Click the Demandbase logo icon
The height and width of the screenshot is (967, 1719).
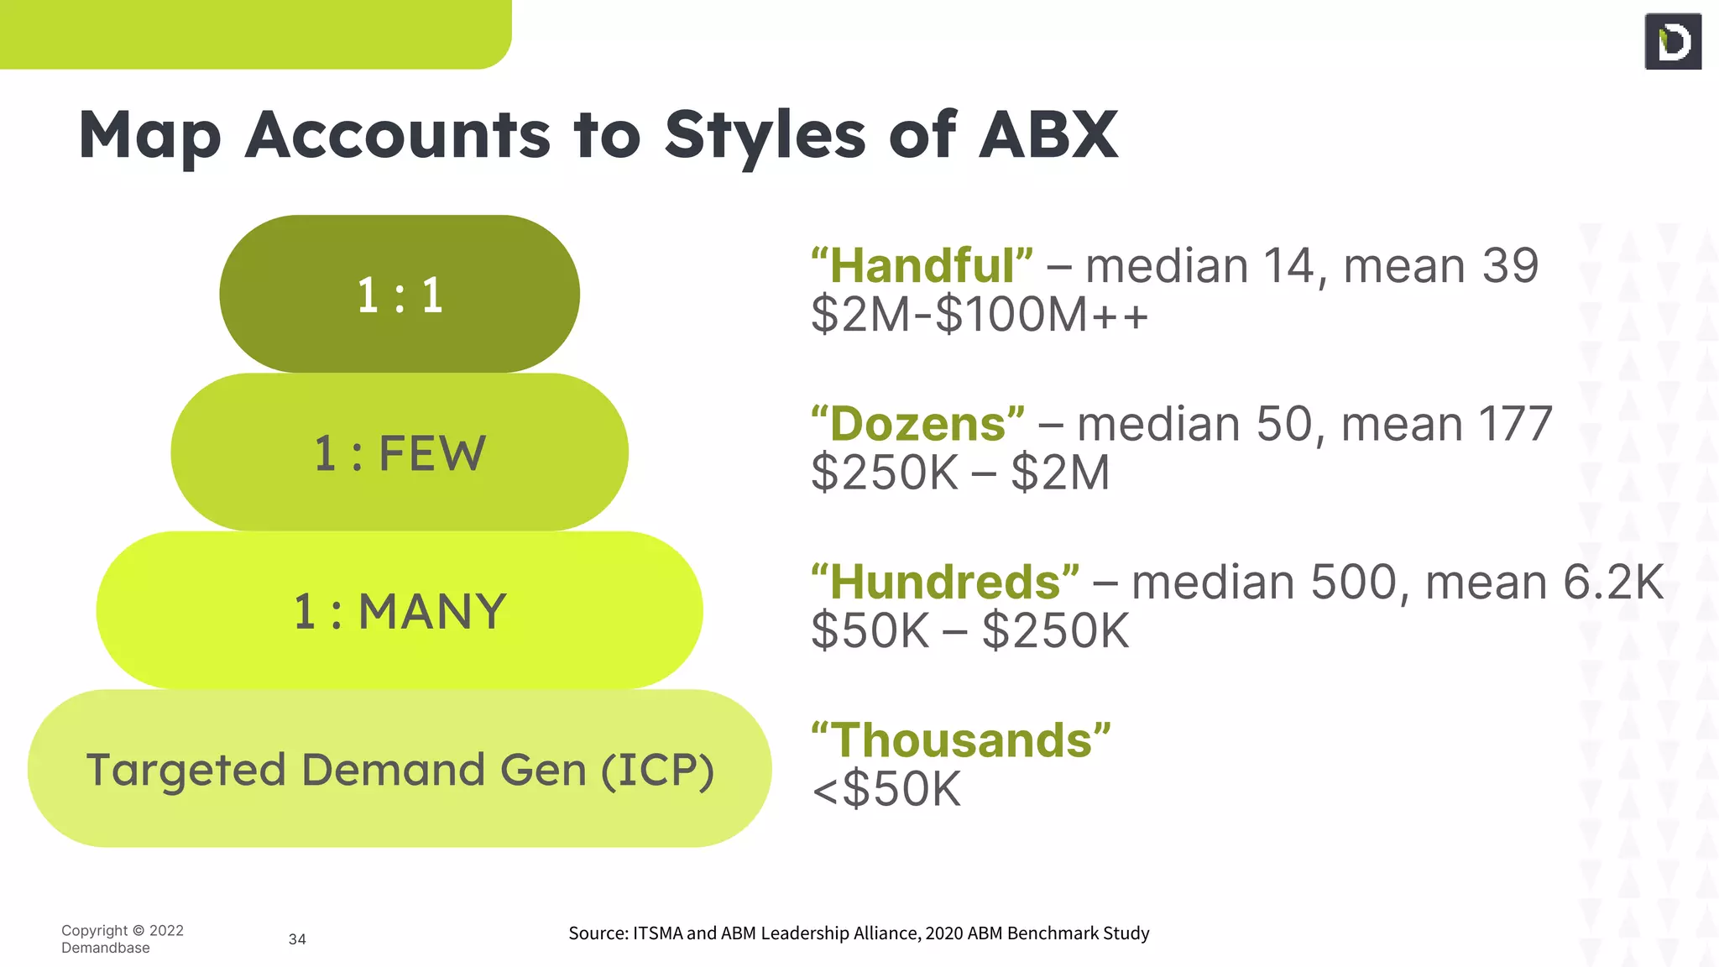1673,42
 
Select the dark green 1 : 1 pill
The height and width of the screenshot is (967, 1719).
400,295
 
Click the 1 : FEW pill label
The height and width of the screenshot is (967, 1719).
400,453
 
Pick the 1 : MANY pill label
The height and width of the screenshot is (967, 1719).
400,611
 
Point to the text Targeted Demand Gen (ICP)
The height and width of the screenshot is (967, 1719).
400,770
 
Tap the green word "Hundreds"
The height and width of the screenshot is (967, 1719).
945,583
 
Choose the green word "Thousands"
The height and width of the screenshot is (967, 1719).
961,740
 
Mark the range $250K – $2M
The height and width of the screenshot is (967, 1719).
960,473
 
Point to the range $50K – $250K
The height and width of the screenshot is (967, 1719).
970,631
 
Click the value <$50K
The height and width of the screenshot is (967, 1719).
886,790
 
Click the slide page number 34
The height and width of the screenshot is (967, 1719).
297,939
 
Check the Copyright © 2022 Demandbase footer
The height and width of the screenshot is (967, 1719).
122,939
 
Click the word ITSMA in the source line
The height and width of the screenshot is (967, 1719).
657,933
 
